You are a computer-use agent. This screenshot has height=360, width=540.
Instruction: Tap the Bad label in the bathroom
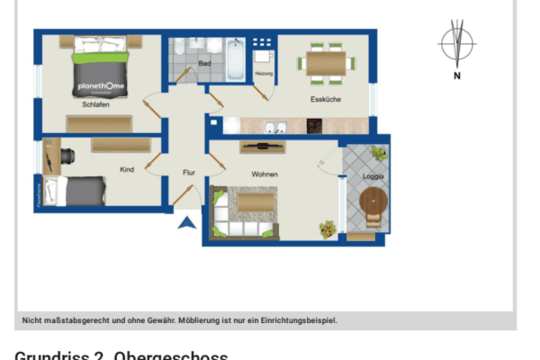[204, 63]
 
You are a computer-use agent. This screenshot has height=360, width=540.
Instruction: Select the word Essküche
[325, 99]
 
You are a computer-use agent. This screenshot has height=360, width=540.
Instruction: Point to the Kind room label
[127, 169]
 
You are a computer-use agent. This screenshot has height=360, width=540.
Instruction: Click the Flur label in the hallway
[189, 172]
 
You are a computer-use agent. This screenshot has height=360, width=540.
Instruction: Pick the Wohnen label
[265, 174]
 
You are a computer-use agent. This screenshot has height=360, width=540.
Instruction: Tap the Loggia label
[373, 176]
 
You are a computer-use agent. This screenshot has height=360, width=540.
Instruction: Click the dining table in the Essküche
[326, 63]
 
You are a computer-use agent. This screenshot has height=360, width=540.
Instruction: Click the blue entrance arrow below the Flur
[186, 223]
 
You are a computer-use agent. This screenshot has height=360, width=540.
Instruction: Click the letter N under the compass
[457, 76]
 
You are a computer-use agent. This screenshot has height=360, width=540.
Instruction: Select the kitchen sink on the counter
[276, 127]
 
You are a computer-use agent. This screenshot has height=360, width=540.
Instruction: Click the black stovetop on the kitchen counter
[314, 127]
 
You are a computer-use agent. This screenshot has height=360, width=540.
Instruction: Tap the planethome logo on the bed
[100, 86]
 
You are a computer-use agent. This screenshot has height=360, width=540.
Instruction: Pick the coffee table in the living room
[256, 203]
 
